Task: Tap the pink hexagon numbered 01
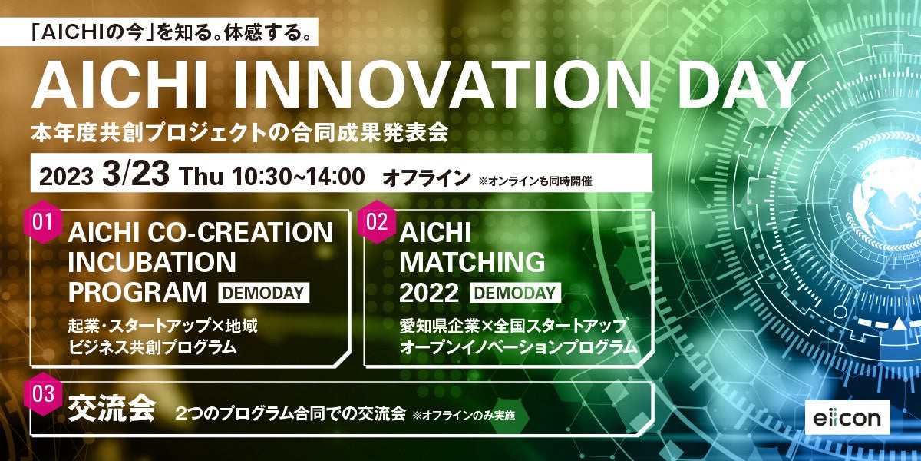44,222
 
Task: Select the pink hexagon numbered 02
377,222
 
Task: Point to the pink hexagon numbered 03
44,394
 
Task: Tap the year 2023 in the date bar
66,177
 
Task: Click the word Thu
201,176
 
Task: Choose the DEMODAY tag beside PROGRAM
264,292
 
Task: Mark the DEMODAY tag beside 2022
516,292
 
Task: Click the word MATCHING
472,263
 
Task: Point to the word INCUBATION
152,263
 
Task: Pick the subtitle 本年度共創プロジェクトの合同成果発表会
239,133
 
